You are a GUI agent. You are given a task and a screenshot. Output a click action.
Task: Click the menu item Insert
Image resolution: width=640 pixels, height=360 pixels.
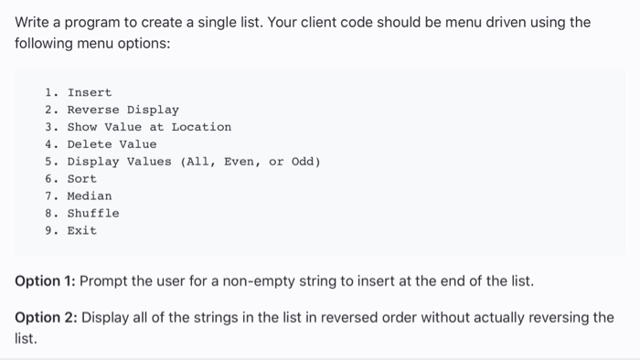[89, 92]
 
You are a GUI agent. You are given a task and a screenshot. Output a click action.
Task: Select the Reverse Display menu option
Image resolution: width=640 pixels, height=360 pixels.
[123, 110]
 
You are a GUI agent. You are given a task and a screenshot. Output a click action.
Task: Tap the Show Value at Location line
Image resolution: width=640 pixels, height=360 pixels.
[149, 127]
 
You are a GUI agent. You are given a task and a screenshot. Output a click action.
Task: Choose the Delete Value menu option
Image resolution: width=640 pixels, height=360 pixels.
[112, 144]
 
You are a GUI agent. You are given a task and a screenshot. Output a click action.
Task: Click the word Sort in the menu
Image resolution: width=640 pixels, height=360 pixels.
[81, 179]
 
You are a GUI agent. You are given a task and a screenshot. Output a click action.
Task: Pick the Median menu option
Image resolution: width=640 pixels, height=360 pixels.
[89, 196]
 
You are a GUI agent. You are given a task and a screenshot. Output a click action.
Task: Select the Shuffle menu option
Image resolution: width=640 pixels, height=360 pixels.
[92, 214]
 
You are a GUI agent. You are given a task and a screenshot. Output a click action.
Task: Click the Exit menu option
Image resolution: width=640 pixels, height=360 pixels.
[81, 231]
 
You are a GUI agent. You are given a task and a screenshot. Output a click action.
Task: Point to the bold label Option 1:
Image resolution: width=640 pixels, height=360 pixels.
[47, 281]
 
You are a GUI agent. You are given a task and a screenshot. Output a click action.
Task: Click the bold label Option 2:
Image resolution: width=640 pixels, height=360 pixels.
[47, 317]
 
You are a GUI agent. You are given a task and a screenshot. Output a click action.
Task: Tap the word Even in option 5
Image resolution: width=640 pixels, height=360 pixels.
[242, 162]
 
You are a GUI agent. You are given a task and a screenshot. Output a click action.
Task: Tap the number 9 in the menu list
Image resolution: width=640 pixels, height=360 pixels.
[48, 231]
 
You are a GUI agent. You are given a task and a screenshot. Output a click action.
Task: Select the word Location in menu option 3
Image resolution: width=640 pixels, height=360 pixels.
[201, 127]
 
